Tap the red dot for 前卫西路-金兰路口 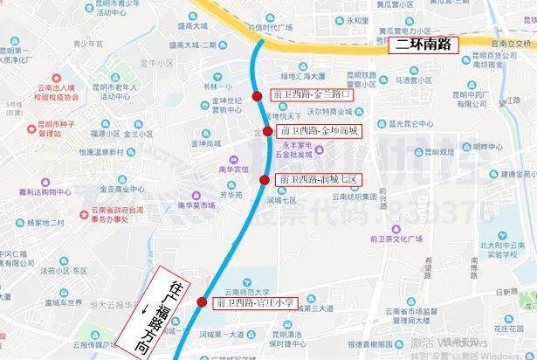coord(257,96)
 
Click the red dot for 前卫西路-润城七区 coord(265,180)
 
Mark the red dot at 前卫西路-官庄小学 coord(203,302)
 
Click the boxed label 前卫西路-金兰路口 coord(312,94)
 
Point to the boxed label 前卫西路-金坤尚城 coord(317,130)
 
